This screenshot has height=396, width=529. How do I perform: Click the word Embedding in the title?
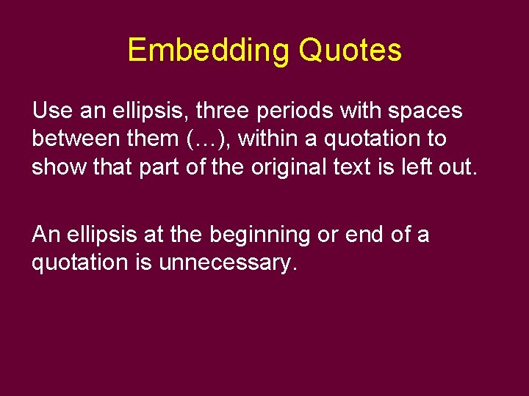(209, 51)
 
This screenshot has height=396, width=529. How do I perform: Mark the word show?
(59, 166)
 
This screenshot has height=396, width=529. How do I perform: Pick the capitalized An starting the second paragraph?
(46, 235)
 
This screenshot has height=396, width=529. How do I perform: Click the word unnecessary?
(228, 263)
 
